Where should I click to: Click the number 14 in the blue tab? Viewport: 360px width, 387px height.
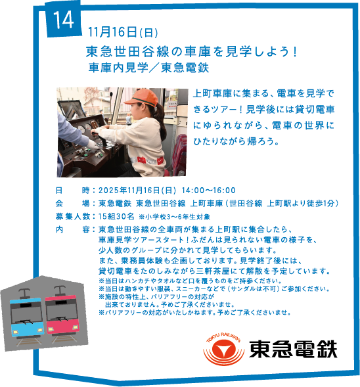click(64, 20)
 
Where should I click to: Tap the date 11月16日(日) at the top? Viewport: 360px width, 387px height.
click(123, 32)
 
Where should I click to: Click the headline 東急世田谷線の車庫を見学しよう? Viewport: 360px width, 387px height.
click(191, 52)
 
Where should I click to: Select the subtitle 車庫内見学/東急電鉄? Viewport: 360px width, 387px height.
click(148, 68)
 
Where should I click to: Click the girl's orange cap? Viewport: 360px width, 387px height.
click(142, 97)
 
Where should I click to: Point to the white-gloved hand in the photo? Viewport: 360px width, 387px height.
click(92, 145)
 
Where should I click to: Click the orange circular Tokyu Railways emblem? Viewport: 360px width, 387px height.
click(224, 348)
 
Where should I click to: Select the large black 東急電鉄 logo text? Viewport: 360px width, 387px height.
click(293, 349)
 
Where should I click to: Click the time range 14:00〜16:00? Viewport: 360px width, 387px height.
click(208, 191)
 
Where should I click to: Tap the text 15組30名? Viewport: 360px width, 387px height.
click(116, 216)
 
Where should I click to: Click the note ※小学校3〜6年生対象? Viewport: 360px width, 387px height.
click(174, 217)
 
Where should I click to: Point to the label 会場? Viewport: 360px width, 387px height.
click(72, 204)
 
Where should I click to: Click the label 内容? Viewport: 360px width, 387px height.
click(72, 229)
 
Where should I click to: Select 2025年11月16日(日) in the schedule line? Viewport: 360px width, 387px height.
click(137, 191)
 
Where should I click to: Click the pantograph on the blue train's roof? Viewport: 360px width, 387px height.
click(24, 293)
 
